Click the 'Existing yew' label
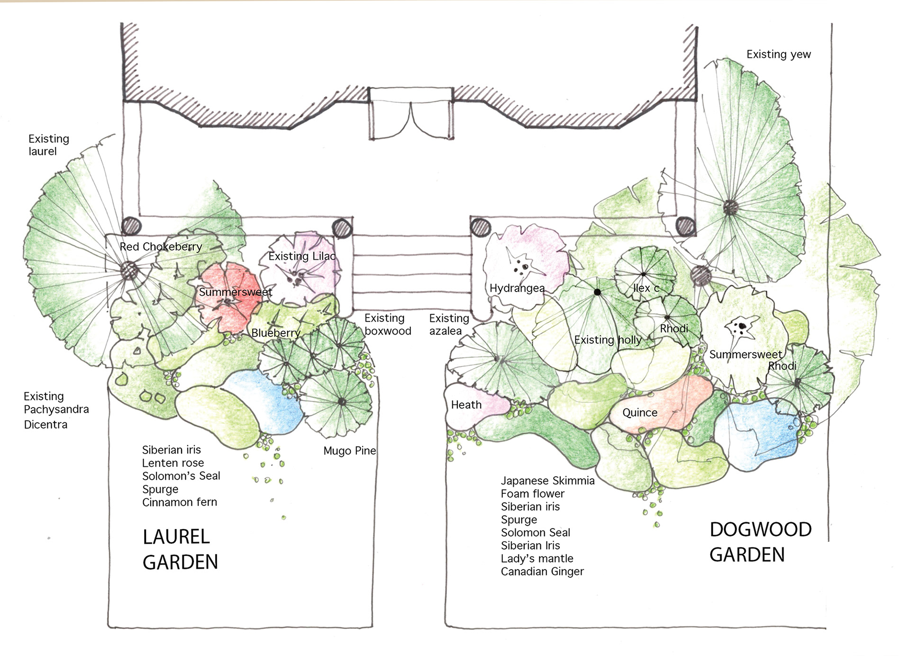pyautogui.click(x=779, y=55)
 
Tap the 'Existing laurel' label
pyautogui.click(x=49, y=145)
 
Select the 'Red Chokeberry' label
pyautogui.click(x=161, y=246)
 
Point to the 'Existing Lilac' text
pyautogui.click(x=302, y=256)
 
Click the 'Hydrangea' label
pyautogui.click(x=517, y=288)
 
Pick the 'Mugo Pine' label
pyautogui.click(x=350, y=451)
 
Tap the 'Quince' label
pyautogui.click(x=640, y=413)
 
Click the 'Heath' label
pyautogui.click(x=466, y=405)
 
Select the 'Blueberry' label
pyautogui.click(x=276, y=333)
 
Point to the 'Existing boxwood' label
pyautogui.click(x=388, y=324)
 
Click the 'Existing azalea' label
pyautogui.click(x=449, y=324)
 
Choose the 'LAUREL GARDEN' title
pyautogui.click(x=181, y=549)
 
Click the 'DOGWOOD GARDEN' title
pyautogui.click(x=761, y=542)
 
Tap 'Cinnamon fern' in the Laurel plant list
pyautogui.click(x=180, y=502)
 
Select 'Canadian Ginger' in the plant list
pyautogui.click(x=542, y=572)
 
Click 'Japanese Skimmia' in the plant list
pyautogui.click(x=547, y=481)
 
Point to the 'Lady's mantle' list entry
pyautogui.click(x=537, y=559)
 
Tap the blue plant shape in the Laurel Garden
pyautogui.click(x=265, y=401)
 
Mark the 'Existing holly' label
pyautogui.click(x=608, y=340)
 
